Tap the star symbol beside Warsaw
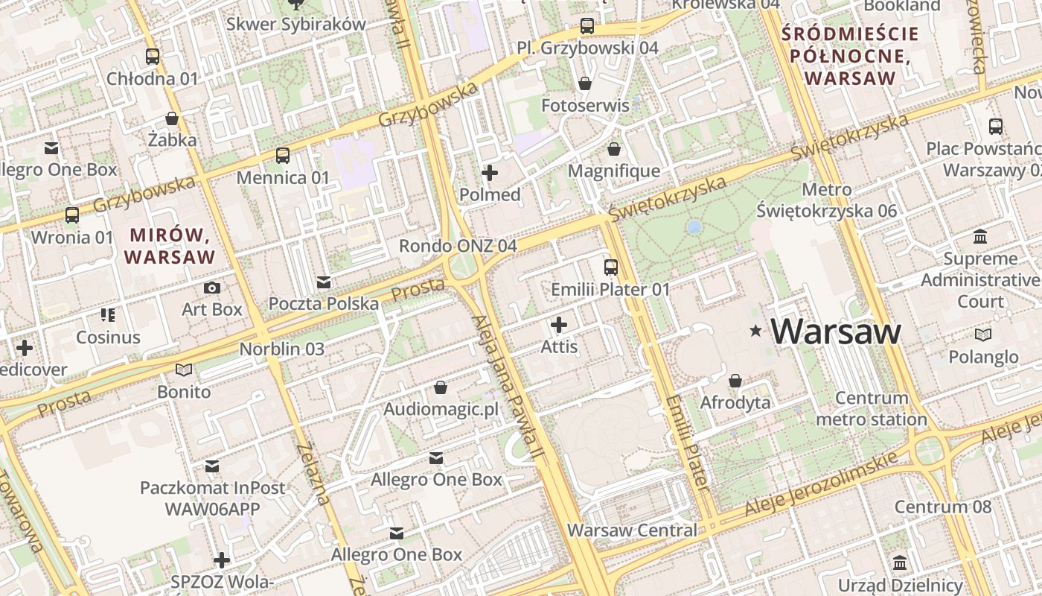[756, 330]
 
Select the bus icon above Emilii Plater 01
[610, 267]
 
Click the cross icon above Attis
[559, 325]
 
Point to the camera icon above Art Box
[212, 288]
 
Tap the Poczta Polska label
[323, 304]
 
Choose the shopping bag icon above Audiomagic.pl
[440, 387]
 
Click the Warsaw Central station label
[632, 530]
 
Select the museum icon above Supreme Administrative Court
[980, 237]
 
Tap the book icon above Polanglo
[982, 335]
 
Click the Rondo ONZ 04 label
[458, 246]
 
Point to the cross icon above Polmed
[490, 174]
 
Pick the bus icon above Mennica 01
[283, 156]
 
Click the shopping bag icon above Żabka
[172, 118]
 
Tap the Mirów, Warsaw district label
[170, 246]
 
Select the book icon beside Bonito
[183, 369]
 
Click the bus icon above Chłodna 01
[153, 56]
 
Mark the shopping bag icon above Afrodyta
[735, 381]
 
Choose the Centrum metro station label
[872, 409]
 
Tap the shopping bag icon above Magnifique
[614, 149]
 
